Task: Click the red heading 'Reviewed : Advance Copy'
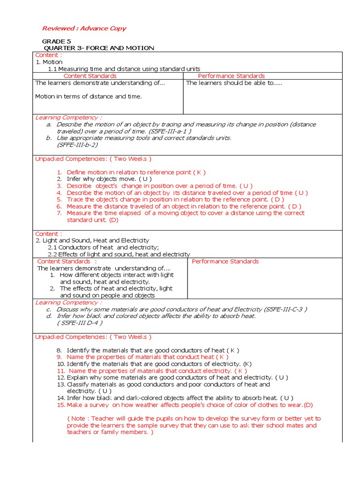click(x=84, y=28)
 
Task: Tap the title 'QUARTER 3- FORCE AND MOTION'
click(x=99, y=48)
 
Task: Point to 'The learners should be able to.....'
click(x=234, y=83)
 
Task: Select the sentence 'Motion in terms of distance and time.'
click(x=89, y=96)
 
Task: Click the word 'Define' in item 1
click(x=76, y=172)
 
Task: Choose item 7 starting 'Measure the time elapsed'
click(x=185, y=213)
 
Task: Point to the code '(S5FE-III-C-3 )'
click(x=286, y=309)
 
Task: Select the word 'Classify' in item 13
click(x=78, y=384)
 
